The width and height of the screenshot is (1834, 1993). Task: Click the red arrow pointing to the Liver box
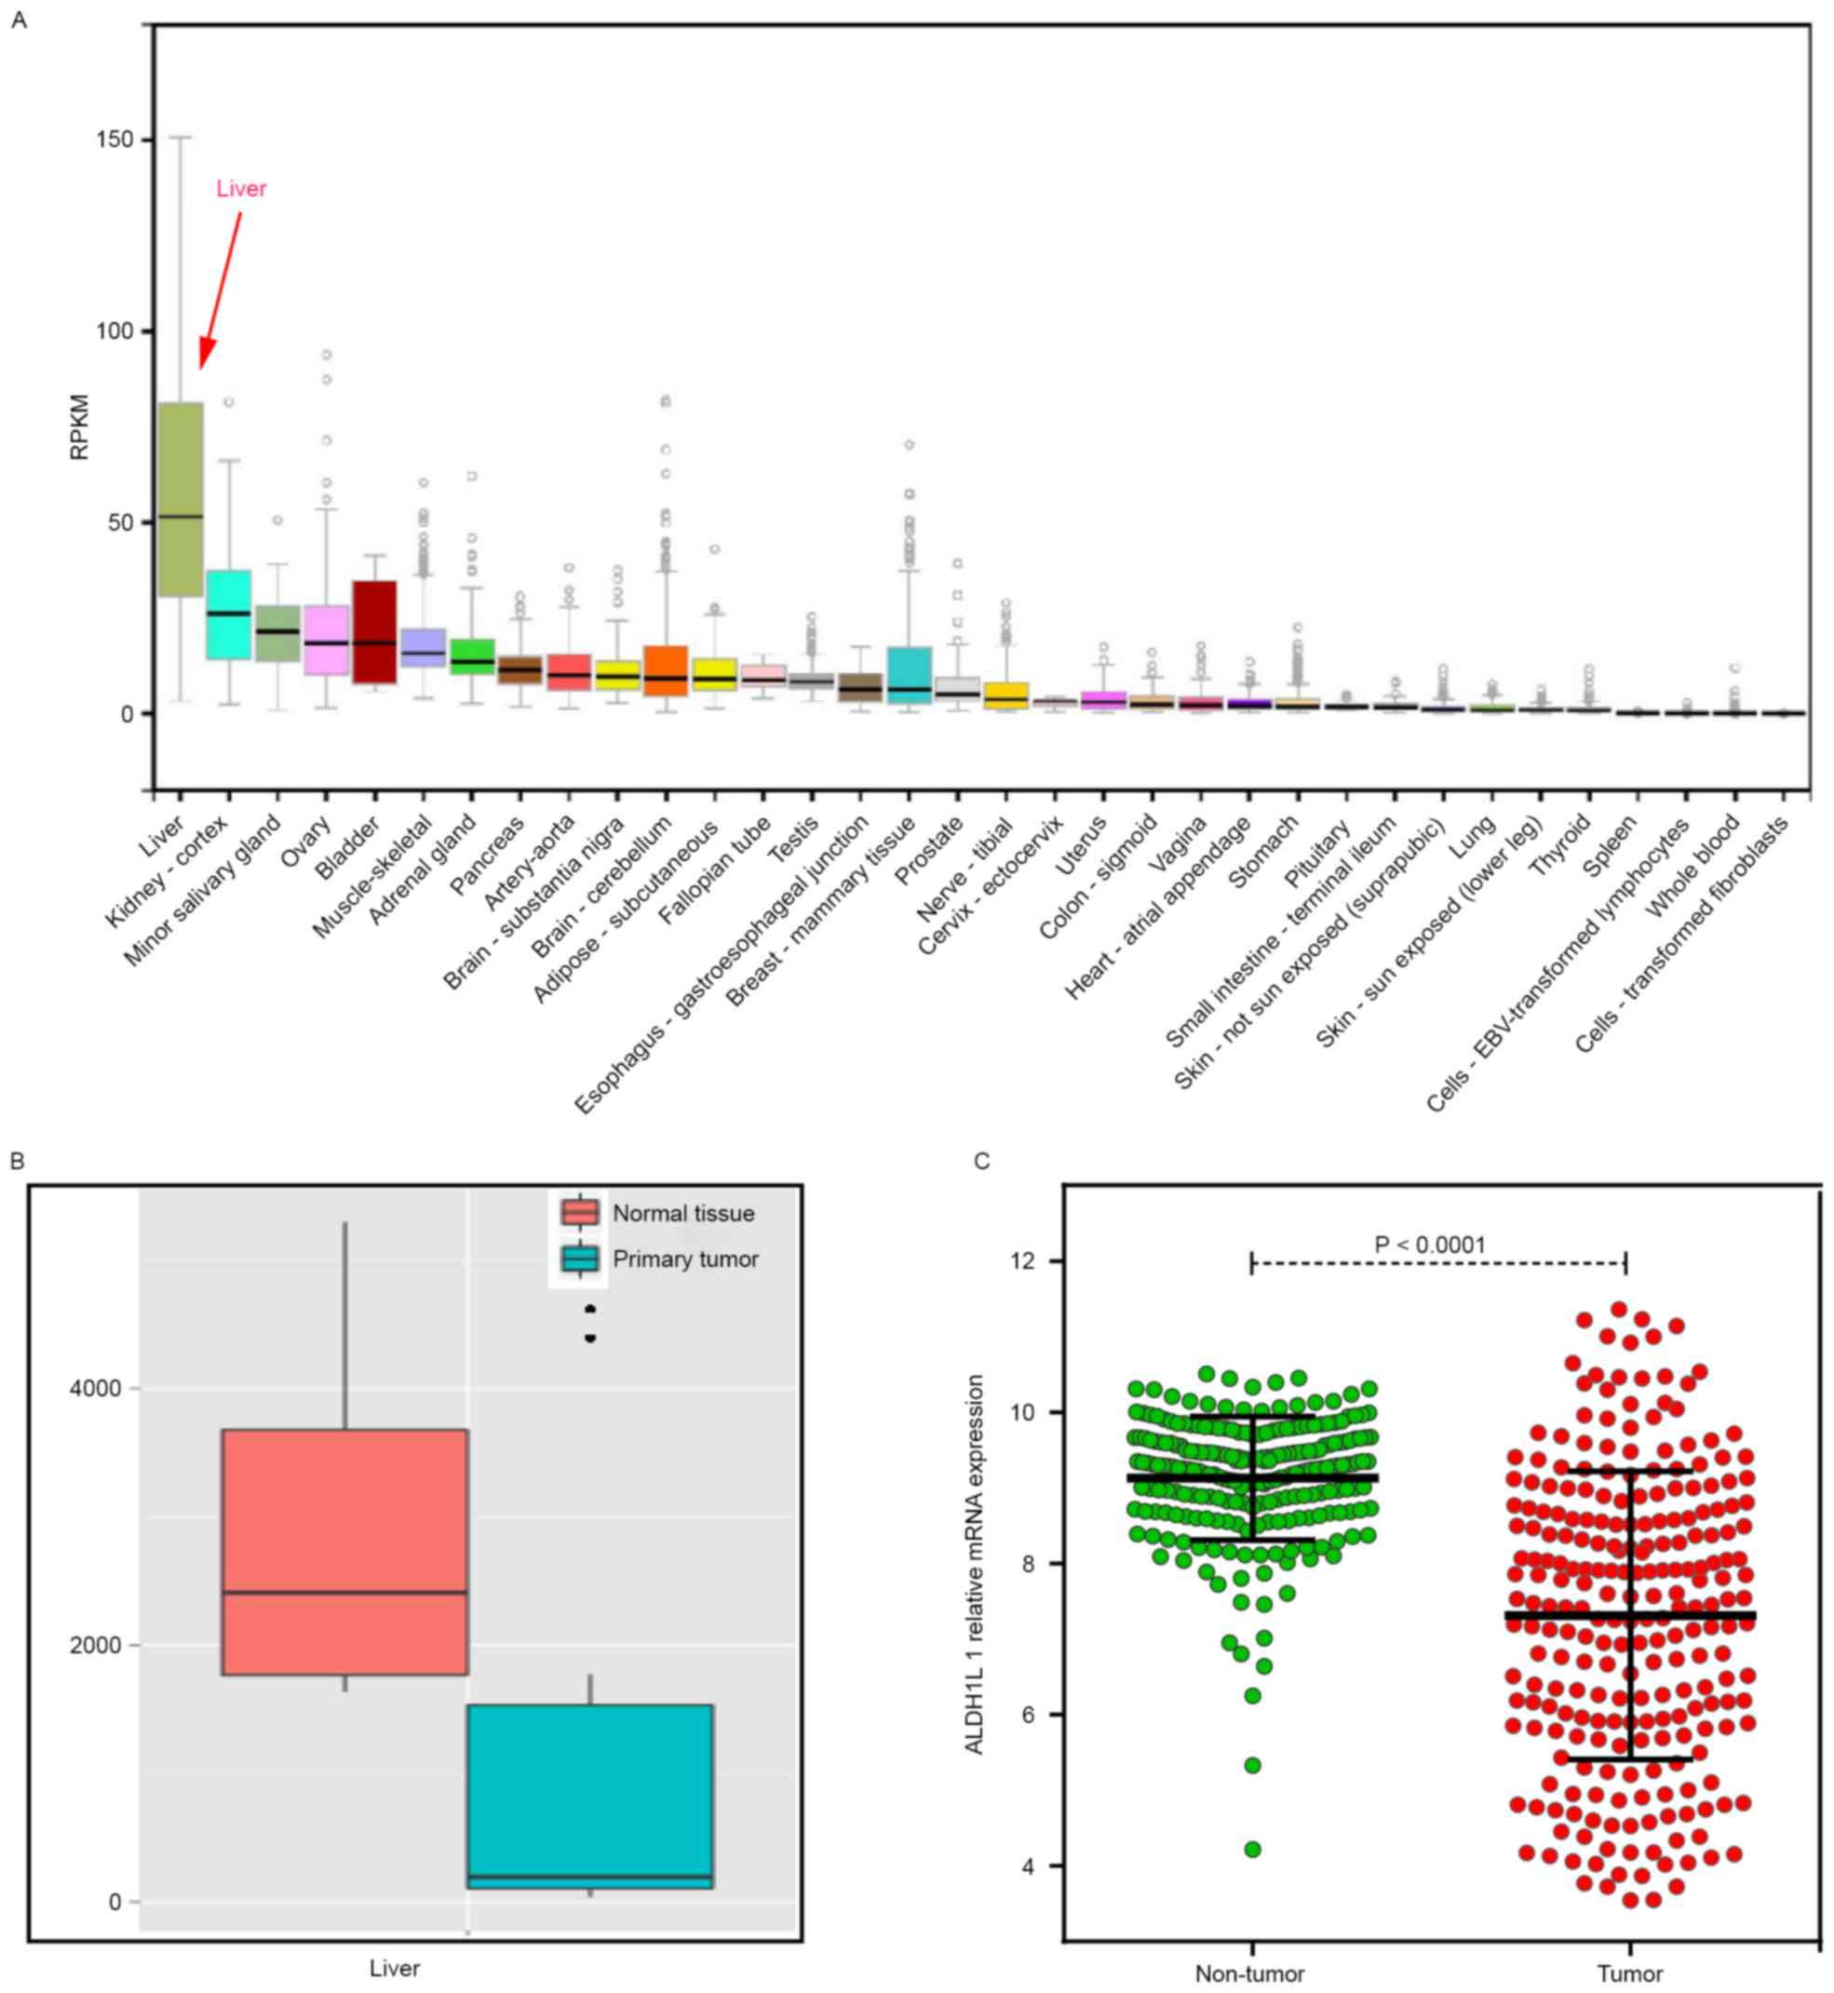point(221,288)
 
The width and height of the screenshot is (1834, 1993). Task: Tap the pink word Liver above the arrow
point(241,189)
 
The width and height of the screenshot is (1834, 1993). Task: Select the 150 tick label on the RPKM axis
point(115,140)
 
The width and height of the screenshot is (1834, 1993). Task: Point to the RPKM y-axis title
point(79,426)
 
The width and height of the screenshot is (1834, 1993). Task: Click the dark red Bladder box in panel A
point(374,631)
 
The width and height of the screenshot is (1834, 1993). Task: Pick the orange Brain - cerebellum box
point(665,670)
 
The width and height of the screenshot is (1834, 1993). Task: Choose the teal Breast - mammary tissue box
point(909,675)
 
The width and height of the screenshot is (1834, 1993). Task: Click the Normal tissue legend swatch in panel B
point(580,1212)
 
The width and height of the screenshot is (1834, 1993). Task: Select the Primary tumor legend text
point(685,1259)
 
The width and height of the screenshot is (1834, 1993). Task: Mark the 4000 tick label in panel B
point(95,1389)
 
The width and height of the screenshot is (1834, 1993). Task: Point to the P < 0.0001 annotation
point(1429,1245)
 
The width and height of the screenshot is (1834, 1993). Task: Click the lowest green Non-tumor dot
point(1252,1850)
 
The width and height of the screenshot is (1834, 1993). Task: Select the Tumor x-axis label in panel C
point(1629,1974)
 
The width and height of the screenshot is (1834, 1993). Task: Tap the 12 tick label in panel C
point(1022,1261)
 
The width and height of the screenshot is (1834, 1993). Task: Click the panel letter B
point(17,1160)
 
